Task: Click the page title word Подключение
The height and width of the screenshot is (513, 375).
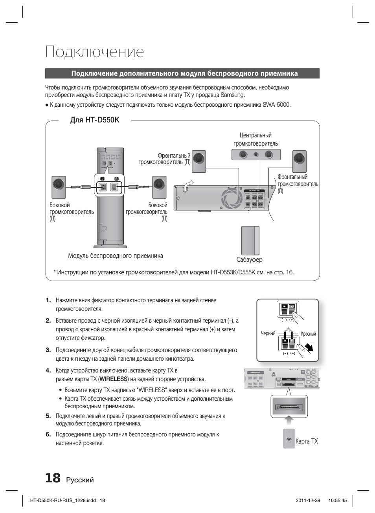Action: coord(94,52)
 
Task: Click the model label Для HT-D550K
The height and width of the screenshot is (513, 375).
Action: coord(94,120)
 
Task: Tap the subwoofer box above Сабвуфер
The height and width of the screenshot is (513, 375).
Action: coord(250,240)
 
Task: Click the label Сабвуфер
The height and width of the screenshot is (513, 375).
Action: coord(249,259)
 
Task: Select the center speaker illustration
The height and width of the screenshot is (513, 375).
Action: coord(256,155)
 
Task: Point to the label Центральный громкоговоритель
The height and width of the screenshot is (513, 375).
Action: coord(256,139)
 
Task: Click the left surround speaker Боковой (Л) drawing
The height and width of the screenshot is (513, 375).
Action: coord(59,187)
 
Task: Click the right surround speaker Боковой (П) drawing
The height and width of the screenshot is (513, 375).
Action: coord(159,187)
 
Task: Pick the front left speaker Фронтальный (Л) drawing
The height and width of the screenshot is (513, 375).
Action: coord(300,161)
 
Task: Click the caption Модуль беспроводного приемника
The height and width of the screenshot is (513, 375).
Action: coord(115,256)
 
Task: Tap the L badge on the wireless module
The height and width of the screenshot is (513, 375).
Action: coord(103,179)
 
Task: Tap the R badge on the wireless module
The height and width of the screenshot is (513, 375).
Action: coord(116,179)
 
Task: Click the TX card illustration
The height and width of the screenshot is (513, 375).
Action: coord(289,438)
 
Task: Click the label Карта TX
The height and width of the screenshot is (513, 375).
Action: coord(307,441)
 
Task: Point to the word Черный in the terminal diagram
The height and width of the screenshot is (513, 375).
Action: coord(268,334)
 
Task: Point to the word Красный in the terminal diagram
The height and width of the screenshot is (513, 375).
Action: coord(308,334)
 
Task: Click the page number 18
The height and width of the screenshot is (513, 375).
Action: coord(53,478)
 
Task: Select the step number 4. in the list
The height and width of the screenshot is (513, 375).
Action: coord(48,370)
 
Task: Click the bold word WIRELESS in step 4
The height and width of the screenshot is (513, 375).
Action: coord(113,379)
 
